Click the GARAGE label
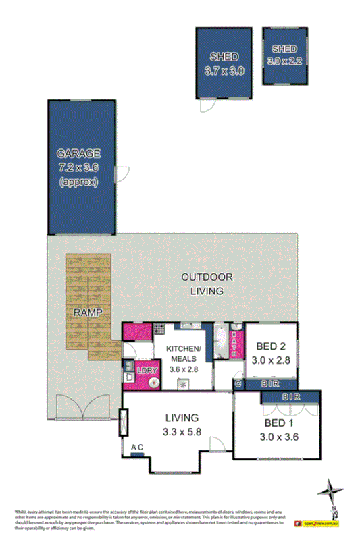[x=79, y=153]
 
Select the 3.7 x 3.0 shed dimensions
[x=224, y=70]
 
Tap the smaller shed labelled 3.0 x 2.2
[x=284, y=60]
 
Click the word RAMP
[x=87, y=313]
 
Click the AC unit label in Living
[x=137, y=447]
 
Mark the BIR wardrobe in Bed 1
[x=290, y=396]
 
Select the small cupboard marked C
[x=237, y=384]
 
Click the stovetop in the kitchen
[x=159, y=330]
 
